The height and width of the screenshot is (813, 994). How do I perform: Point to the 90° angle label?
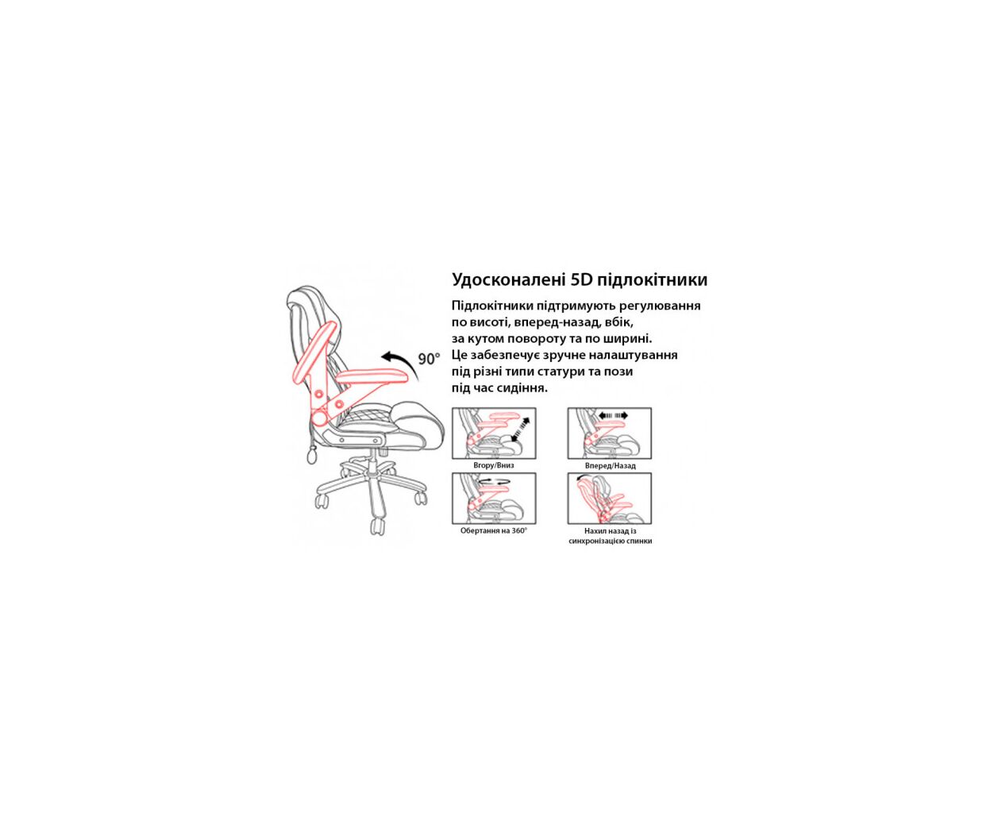429,359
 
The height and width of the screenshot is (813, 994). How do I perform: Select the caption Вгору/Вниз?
494,465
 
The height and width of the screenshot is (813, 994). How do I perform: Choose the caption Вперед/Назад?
610,465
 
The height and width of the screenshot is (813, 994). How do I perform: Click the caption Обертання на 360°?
494,530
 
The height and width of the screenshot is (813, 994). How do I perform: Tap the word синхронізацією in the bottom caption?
598,541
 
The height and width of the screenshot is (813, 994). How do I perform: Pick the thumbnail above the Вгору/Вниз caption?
494,433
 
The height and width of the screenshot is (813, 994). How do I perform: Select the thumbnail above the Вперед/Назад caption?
610,433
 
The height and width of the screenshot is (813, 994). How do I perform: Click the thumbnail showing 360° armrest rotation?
494,498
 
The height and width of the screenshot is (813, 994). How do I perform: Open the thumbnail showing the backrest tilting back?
610,498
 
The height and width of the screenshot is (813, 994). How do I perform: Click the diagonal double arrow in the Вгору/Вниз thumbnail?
520,429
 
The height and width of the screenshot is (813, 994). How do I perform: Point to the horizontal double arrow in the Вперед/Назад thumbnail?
613,415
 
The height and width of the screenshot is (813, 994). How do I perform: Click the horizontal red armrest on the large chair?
372,376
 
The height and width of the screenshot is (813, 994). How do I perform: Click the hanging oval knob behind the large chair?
311,456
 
